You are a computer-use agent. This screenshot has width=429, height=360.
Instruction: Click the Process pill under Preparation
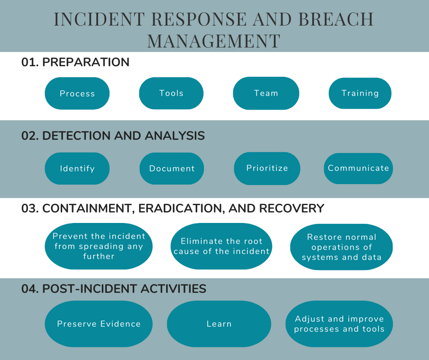tap(77, 93)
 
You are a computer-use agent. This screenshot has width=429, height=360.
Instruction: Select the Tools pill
tap(171, 93)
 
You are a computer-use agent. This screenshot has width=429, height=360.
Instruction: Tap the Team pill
tap(266, 93)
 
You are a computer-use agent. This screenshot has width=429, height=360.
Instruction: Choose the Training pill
tap(360, 93)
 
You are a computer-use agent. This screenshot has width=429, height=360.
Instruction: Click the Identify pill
tap(77, 168)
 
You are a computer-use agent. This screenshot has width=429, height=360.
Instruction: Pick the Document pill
tap(172, 168)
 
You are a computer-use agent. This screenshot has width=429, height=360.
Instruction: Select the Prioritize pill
tap(267, 168)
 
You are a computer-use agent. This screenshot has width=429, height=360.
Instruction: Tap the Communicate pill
tap(358, 168)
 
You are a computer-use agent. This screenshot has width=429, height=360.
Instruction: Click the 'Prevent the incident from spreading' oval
tap(99, 246)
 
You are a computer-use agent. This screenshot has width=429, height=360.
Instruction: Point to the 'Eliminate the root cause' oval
tap(221, 246)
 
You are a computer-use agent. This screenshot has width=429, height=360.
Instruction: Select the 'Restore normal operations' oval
tap(341, 247)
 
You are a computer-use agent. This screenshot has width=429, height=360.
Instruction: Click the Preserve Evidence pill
tap(99, 324)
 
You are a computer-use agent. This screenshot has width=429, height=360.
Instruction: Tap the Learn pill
tap(219, 324)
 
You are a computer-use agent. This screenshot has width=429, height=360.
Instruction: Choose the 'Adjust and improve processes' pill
tap(339, 324)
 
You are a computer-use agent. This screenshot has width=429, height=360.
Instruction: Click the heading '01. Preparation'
tap(75, 62)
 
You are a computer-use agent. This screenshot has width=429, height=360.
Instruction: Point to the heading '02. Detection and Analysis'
tap(113, 136)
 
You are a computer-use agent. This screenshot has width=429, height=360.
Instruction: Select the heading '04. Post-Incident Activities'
tap(114, 289)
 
